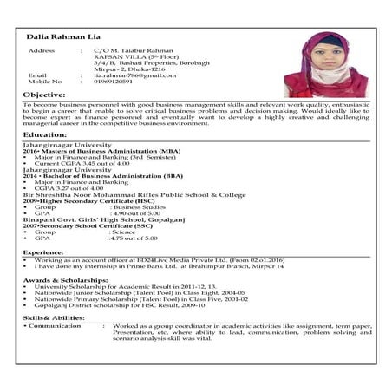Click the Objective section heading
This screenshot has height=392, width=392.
44,94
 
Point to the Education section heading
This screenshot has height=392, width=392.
45,135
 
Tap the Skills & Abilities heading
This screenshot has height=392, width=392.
54,318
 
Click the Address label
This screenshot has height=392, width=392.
42,51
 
